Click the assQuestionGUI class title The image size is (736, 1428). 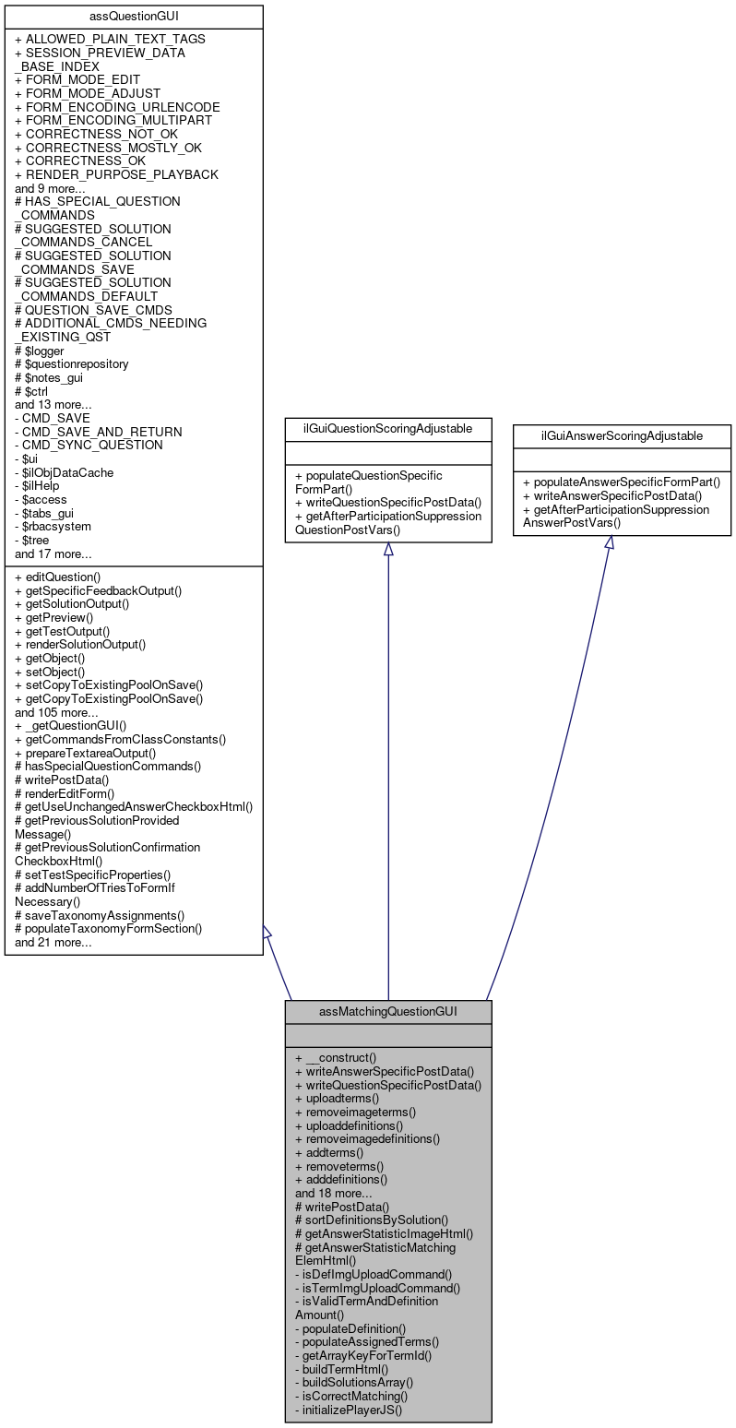point(134,16)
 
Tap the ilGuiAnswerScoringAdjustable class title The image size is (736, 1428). point(622,434)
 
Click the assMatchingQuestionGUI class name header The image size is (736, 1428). point(387,1011)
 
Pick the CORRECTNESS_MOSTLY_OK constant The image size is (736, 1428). point(108,148)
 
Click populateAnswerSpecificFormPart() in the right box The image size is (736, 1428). point(621,481)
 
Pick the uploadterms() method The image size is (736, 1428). point(340,1098)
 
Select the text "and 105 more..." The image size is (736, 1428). point(56,712)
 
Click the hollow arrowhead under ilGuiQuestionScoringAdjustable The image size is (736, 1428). point(387,549)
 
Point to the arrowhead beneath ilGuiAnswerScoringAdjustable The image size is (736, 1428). point(610,543)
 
